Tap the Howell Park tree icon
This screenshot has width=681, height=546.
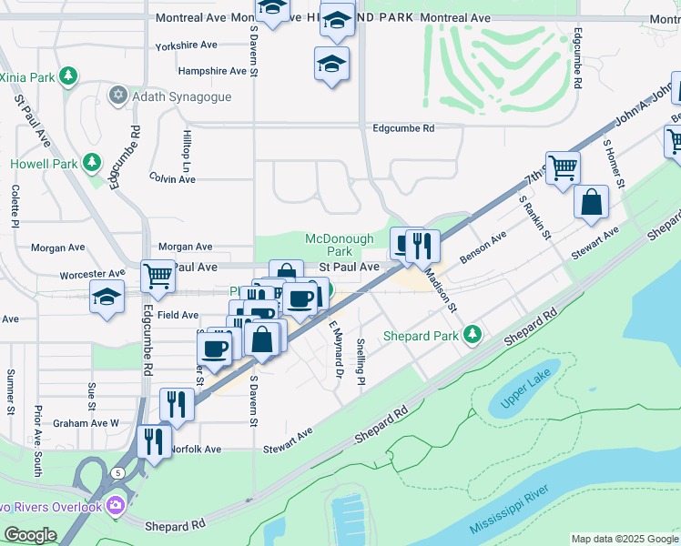click(91, 163)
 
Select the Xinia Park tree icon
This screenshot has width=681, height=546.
click(67, 75)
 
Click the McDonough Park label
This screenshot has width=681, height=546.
click(339, 245)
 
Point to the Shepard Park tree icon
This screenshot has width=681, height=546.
click(472, 335)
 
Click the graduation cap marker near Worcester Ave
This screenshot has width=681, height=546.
click(107, 297)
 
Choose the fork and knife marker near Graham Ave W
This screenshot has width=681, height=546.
click(177, 404)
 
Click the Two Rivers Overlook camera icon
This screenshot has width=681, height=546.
click(116, 504)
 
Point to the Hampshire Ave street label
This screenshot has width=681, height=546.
click(212, 71)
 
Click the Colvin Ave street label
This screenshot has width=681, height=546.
click(172, 179)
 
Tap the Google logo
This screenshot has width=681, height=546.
click(30, 535)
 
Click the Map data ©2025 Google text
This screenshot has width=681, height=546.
click(624, 539)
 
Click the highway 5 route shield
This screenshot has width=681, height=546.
click(118, 473)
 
